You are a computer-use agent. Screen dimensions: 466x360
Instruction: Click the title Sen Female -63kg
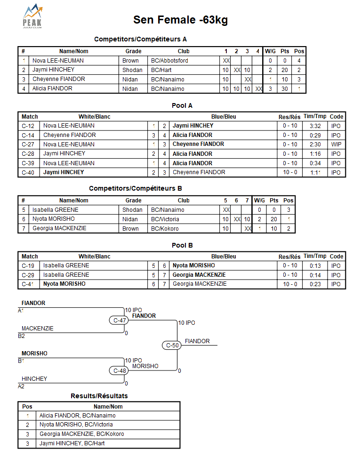(x=181, y=20)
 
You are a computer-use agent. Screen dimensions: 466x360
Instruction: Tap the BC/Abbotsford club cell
(x=169, y=61)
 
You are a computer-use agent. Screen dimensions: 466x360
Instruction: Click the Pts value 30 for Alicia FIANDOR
(x=285, y=88)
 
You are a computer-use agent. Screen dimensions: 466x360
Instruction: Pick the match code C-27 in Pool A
(x=29, y=145)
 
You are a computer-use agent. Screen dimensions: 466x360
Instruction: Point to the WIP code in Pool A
(x=336, y=145)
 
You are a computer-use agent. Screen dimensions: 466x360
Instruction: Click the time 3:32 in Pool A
(x=315, y=126)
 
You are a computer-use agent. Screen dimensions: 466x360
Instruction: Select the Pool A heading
(x=182, y=106)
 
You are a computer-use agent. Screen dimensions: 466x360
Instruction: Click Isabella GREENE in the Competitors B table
(x=56, y=210)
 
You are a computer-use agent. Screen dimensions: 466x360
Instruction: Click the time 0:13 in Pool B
(x=315, y=265)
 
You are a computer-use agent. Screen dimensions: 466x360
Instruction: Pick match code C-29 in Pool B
(x=29, y=275)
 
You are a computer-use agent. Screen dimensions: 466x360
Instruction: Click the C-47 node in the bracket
(x=120, y=320)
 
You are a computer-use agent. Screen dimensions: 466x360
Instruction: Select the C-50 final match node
(x=173, y=345)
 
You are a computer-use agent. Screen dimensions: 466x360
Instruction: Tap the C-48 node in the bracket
(x=120, y=370)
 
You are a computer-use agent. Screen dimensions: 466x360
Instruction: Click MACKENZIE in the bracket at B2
(x=38, y=329)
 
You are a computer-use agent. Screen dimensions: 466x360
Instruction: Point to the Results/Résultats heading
(x=99, y=396)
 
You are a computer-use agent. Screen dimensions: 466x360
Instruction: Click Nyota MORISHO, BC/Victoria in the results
(x=76, y=425)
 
